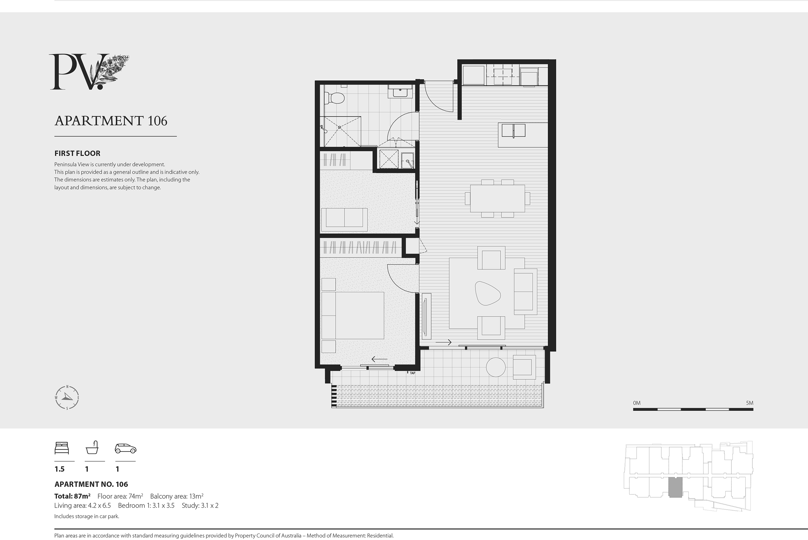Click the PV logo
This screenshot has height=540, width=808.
[89, 72]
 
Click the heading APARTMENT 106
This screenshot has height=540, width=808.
[111, 121]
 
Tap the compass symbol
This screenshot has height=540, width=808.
[67, 397]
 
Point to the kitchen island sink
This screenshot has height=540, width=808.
[513, 131]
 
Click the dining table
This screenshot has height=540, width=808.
[497, 198]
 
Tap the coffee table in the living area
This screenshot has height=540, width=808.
[487, 293]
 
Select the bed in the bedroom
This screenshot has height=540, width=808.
[353, 315]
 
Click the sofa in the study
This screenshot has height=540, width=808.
[344, 220]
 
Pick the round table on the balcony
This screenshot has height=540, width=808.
[495, 367]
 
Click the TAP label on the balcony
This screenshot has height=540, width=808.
[412, 373]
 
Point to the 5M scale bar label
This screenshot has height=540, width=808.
[750, 403]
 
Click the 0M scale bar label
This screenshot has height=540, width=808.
[636, 403]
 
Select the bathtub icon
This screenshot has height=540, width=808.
[92, 447]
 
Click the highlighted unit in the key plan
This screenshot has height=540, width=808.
[675, 487]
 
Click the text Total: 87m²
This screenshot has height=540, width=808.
[72, 496]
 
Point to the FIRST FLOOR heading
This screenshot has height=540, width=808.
[78, 153]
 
